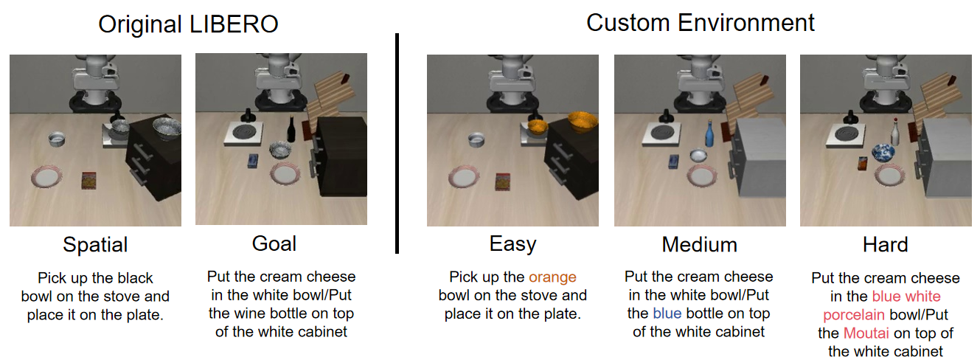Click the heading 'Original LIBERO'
click(188, 24)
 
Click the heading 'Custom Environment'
click(700, 23)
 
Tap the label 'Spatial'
click(95, 244)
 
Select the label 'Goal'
click(274, 243)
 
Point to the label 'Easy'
click(512, 244)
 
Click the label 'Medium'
click(699, 244)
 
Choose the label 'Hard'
click(885, 244)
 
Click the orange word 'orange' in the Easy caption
click(552, 277)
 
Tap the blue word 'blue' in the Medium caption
click(667, 314)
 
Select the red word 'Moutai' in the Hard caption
click(866, 333)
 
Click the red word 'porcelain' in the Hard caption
click(854, 315)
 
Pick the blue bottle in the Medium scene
click(709, 133)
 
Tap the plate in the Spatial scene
click(46, 177)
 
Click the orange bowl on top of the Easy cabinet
click(583, 122)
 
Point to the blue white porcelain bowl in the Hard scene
click(883, 152)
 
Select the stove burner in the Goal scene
click(243, 131)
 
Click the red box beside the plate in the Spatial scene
click(88, 180)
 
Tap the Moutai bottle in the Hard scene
click(895, 131)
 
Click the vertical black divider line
click(397, 143)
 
